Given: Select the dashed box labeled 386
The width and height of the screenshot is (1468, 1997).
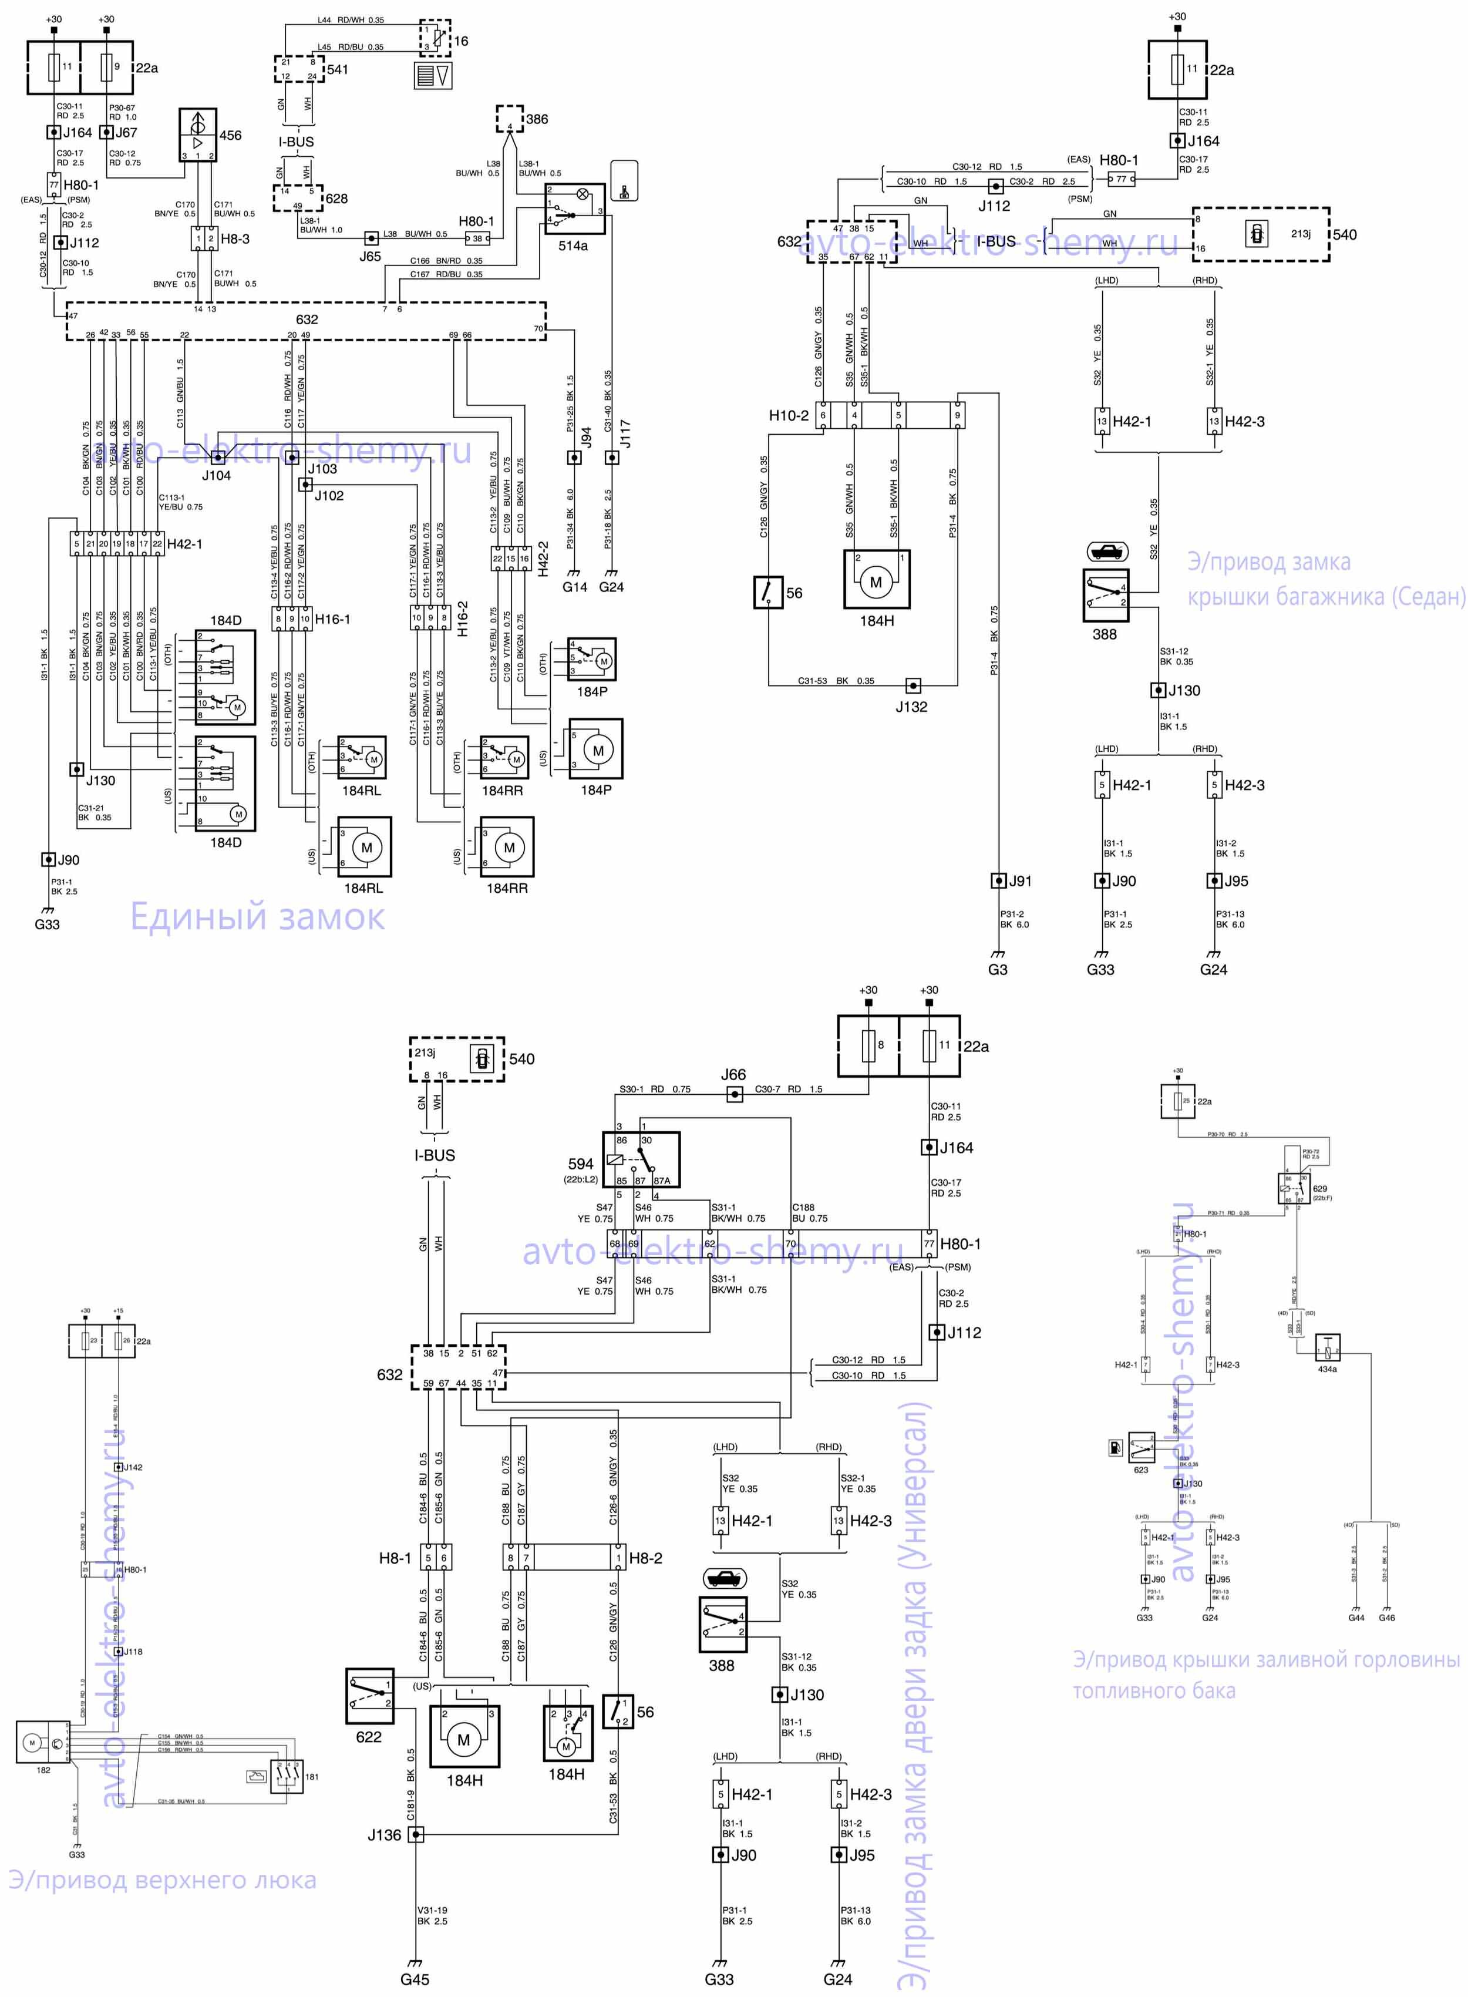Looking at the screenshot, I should (x=509, y=118).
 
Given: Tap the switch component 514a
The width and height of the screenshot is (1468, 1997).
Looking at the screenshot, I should (x=575, y=209).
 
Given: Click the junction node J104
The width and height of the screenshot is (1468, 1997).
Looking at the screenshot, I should (x=218, y=457).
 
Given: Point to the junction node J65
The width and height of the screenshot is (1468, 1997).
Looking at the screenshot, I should (x=372, y=238).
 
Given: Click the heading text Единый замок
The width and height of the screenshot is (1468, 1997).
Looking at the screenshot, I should (x=258, y=916).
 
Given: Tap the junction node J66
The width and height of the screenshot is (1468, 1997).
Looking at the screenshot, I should (x=734, y=1094).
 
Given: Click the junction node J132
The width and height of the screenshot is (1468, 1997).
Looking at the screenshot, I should (x=913, y=685).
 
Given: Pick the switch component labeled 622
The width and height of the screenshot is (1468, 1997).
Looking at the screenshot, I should (x=370, y=1696).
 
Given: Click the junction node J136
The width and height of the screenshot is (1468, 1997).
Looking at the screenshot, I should (x=415, y=1834).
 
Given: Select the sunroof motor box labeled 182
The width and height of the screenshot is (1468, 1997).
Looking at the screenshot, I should (x=43, y=1742).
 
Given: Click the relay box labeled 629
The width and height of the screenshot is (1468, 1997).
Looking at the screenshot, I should (x=1293, y=1188).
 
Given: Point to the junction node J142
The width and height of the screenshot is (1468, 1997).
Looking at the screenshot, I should (x=118, y=1467).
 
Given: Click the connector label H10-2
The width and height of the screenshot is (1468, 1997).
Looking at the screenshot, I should (x=788, y=415).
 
